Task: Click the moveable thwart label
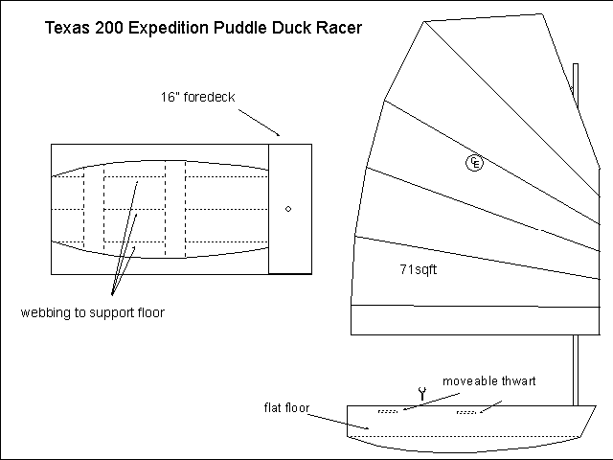click(488, 381)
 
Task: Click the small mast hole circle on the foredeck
click(289, 208)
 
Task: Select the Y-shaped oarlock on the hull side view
click(420, 392)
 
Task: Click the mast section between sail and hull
click(576, 369)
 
